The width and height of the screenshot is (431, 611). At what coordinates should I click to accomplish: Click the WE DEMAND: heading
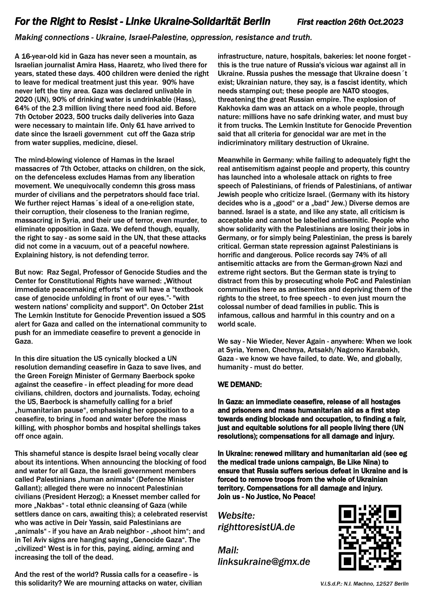point(240,385)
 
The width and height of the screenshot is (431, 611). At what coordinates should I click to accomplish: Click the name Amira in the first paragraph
point(95,65)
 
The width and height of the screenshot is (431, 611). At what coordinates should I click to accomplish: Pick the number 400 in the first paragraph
point(104,74)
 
